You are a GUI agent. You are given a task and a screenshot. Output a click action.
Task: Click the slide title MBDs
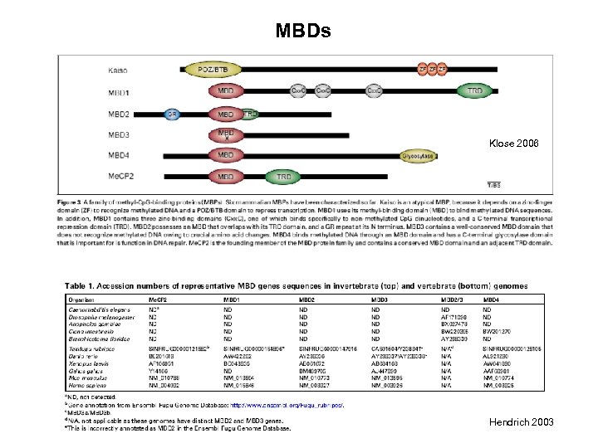coord(303,32)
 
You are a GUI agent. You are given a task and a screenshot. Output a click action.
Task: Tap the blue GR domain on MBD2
coord(172,114)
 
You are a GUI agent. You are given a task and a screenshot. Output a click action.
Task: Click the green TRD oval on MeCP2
coord(283,177)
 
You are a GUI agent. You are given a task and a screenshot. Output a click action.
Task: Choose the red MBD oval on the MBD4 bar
coord(225,155)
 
